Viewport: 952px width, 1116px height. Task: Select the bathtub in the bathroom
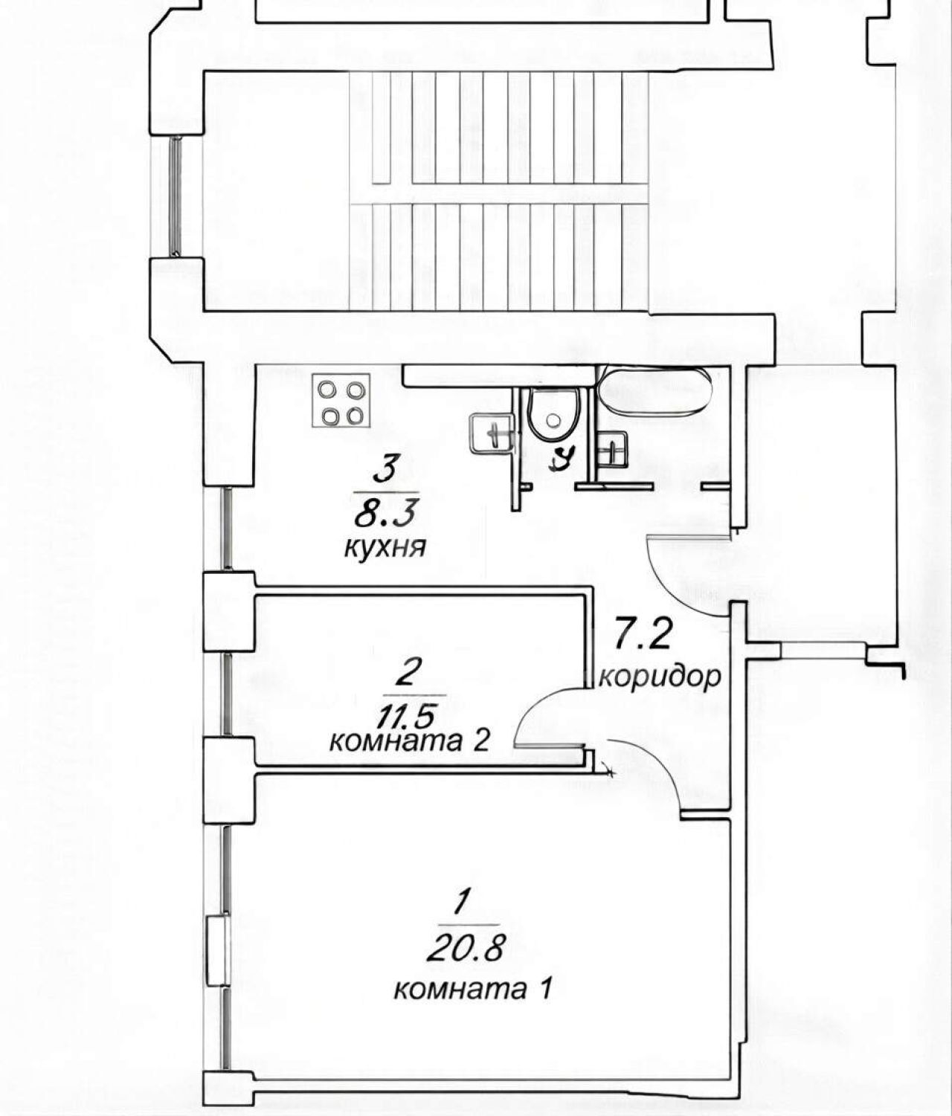click(655, 391)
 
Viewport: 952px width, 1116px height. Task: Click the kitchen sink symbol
click(492, 433)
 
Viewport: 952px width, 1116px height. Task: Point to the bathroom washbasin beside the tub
click(614, 448)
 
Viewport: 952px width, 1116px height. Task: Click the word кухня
click(385, 547)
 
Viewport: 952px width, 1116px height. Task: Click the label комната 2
click(409, 742)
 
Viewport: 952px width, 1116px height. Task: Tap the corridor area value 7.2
click(643, 636)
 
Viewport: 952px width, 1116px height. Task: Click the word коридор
click(660, 677)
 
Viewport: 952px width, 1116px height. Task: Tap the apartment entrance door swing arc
click(665, 589)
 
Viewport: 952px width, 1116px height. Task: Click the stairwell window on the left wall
click(176, 196)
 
